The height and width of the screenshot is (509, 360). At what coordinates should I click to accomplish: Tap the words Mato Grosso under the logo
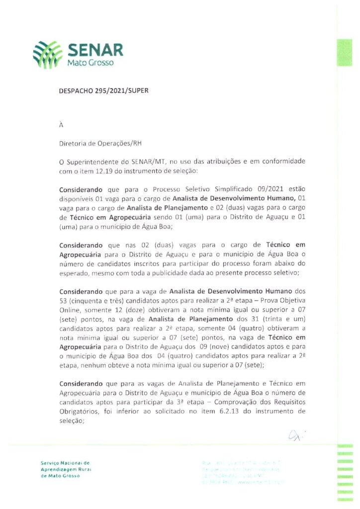click(x=90, y=63)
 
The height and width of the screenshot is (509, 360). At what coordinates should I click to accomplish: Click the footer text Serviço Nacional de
click(x=65, y=463)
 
